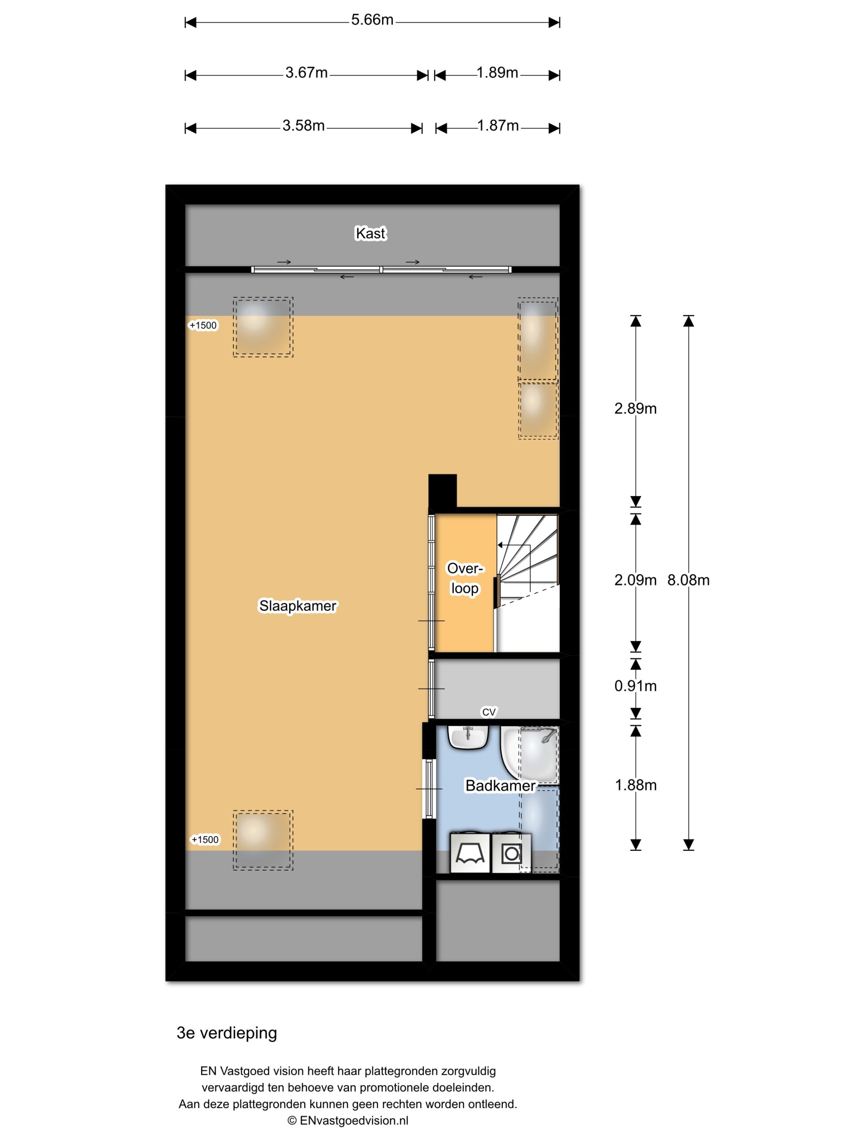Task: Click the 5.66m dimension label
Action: (x=372, y=20)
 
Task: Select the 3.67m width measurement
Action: (x=306, y=73)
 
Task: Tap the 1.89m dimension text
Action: (x=497, y=73)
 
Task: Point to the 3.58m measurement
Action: (x=303, y=126)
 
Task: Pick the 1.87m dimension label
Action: (x=498, y=126)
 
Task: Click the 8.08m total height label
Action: (x=688, y=580)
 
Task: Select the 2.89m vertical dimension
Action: (x=635, y=409)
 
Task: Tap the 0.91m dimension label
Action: (x=635, y=686)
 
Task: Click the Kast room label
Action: (x=370, y=233)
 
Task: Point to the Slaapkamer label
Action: (x=297, y=606)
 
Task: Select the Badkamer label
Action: (x=500, y=785)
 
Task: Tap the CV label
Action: (x=489, y=712)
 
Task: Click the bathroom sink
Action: (x=468, y=737)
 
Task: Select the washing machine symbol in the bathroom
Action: (x=511, y=853)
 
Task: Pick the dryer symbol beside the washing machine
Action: (x=470, y=853)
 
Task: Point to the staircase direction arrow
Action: (x=514, y=568)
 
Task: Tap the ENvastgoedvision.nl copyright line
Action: (x=348, y=1120)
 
